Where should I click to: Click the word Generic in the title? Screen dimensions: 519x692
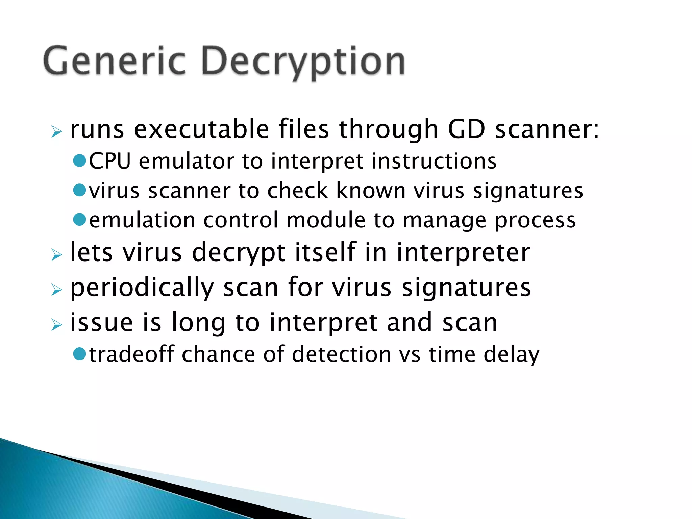[x=114, y=61]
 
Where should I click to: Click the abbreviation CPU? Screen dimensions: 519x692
[x=109, y=161]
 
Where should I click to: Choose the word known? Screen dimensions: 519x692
[x=371, y=191]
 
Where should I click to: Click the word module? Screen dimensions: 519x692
[x=326, y=220]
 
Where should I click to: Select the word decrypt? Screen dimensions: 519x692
[x=239, y=253]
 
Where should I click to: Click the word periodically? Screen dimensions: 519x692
[x=142, y=288]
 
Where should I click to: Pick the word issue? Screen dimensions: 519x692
[x=101, y=322]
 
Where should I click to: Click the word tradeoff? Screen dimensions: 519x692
[x=132, y=354]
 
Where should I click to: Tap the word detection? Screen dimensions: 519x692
[x=341, y=354]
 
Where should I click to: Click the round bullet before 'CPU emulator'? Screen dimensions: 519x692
[x=80, y=161]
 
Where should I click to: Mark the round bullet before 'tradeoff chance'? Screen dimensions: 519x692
[x=80, y=354]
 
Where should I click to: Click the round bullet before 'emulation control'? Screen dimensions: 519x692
[x=80, y=220]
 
